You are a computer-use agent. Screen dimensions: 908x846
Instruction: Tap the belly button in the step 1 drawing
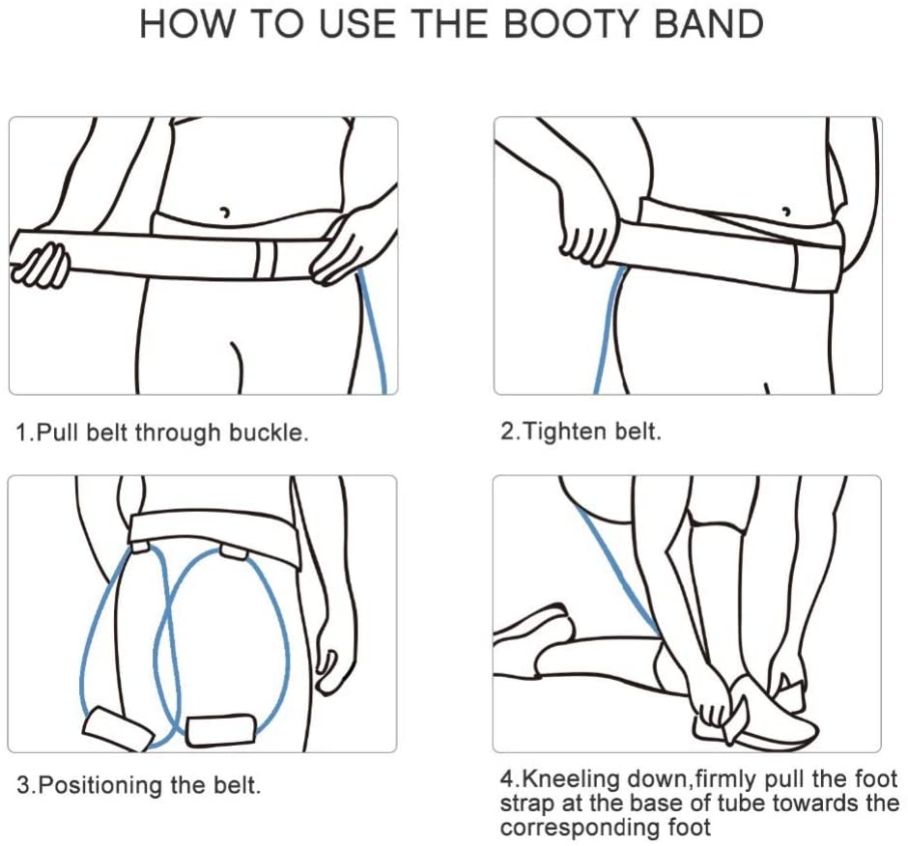click(225, 211)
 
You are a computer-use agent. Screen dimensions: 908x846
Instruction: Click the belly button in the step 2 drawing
click(786, 211)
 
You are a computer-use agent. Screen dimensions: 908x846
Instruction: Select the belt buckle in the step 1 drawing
click(267, 260)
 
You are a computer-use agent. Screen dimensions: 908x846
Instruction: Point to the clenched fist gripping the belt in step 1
click(40, 266)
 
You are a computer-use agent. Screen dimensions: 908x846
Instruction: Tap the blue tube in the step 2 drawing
click(608, 329)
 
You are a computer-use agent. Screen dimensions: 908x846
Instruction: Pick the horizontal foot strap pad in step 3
click(220, 731)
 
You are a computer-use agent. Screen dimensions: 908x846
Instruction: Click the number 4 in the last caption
click(507, 779)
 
